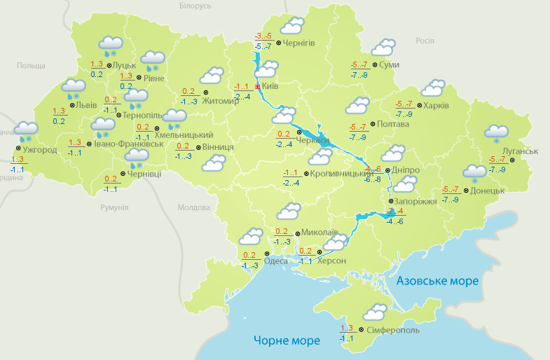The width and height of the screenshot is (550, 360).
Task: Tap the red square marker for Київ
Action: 258,86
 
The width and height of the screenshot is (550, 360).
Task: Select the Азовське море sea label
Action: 437,281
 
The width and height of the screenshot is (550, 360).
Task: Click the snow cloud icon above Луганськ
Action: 496,132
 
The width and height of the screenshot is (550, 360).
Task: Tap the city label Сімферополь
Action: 392,330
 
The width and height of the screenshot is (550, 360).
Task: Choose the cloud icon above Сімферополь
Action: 376,312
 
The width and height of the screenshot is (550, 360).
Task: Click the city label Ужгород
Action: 39,149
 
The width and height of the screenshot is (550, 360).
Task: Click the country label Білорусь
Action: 195,6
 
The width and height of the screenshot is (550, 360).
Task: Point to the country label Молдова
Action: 194,208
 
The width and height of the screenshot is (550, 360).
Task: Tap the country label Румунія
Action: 114,208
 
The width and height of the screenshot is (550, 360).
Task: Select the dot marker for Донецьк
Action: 466,190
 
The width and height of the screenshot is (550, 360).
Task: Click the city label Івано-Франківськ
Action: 129,144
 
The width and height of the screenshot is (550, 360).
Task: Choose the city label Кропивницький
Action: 341,173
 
